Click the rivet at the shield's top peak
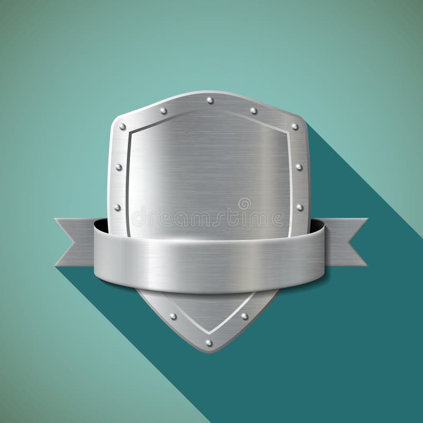210,100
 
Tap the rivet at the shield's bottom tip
209,343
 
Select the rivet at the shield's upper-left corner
123,127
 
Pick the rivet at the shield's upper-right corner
295,127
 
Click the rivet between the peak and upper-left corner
163,111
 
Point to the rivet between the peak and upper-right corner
253,111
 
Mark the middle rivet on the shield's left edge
118,167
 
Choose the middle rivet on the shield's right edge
299,167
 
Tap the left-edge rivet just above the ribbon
117,207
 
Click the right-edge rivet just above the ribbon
299,207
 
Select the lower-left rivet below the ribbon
173,316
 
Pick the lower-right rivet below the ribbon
244,316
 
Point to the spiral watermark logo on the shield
244,204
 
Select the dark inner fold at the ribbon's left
102,226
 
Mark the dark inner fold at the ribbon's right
318,226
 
